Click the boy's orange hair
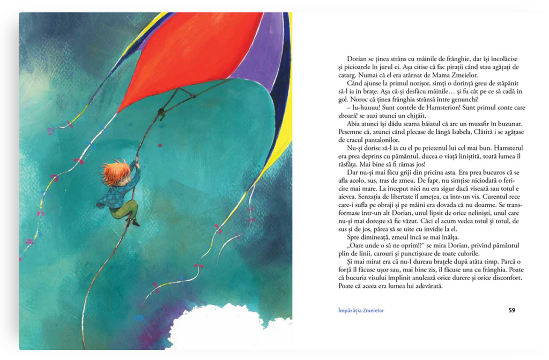tap(115, 172)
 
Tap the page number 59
tap(511, 310)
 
